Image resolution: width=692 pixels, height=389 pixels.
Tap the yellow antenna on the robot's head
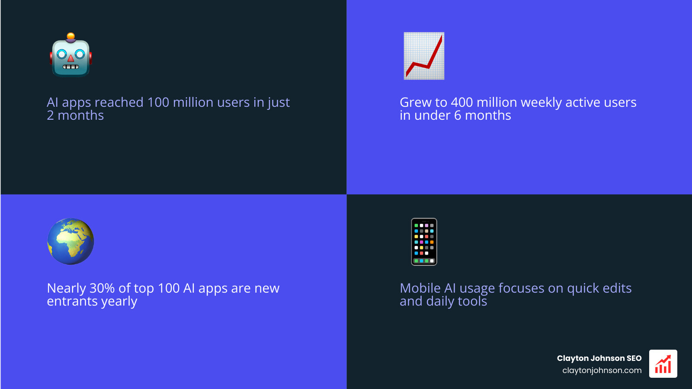(71, 36)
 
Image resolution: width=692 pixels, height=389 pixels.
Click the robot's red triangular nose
(71, 58)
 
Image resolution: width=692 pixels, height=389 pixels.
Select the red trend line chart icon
(424, 56)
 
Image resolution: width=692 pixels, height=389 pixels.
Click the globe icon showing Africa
(70, 241)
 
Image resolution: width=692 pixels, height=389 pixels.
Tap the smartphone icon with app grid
(424, 242)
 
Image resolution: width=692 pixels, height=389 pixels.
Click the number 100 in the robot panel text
(158, 102)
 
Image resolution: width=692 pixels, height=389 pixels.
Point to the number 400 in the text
(461, 102)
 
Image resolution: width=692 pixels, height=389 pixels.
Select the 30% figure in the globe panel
(102, 288)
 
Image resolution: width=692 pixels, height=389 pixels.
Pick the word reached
(119, 102)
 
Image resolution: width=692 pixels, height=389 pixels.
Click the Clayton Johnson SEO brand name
(599, 358)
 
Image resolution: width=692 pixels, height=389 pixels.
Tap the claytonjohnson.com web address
(602, 370)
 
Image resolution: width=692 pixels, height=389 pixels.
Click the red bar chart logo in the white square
(663, 364)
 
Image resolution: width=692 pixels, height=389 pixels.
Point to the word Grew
(416, 102)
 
